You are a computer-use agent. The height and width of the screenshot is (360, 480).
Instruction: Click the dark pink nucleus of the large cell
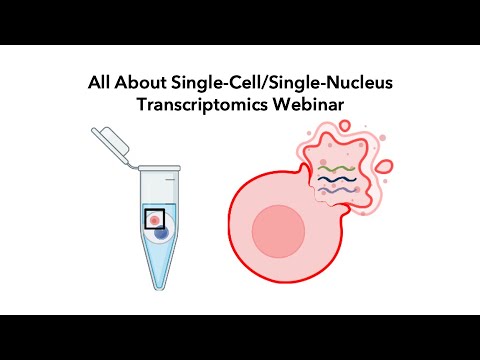277,234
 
